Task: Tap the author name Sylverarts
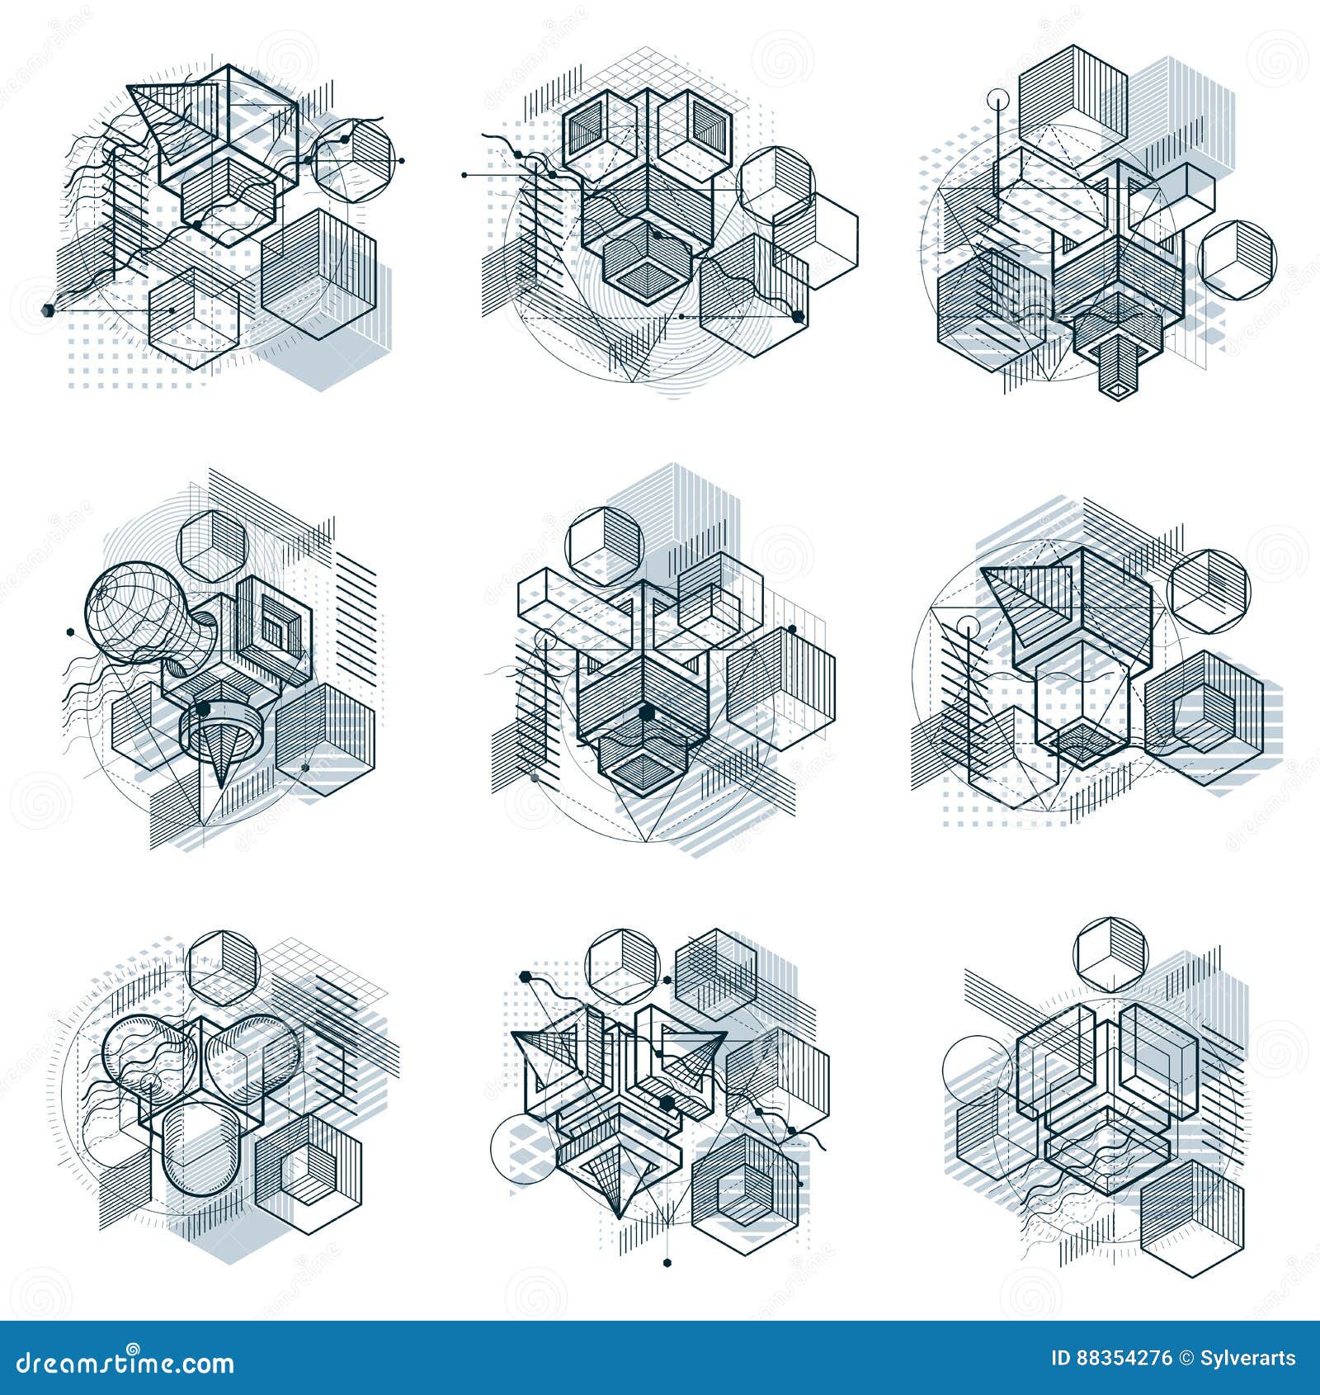click(1251, 1359)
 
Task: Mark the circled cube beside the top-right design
click(1237, 259)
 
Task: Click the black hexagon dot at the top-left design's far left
click(47, 310)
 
